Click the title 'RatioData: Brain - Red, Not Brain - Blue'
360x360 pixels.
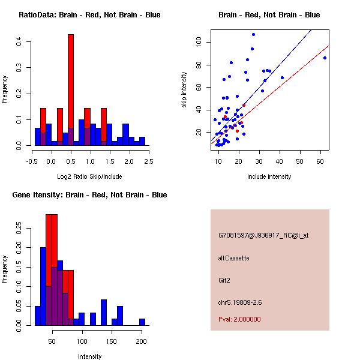(89, 15)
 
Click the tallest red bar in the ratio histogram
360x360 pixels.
(71, 90)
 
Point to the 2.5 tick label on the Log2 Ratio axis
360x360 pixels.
(148, 161)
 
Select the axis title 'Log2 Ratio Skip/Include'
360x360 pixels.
(89, 176)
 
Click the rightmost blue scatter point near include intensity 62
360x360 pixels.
(325, 58)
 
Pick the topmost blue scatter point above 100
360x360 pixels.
(253, 34)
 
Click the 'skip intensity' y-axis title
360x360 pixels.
(185, 89)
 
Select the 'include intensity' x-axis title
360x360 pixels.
(269, 176)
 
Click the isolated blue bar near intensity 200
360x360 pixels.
(142, 322)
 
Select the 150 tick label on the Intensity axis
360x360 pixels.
(111, 341)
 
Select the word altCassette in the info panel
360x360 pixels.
(233, 258)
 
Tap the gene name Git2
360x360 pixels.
(224, 280)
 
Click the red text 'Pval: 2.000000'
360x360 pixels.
(239, 319)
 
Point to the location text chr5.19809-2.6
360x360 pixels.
(240, 302)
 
